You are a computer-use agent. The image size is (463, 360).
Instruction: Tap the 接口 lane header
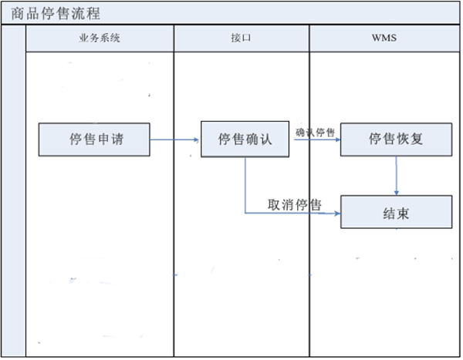(x=241, y=38)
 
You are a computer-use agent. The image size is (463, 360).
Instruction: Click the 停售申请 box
(x=94, y=140)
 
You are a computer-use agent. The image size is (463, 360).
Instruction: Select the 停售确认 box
(x=245, y=140)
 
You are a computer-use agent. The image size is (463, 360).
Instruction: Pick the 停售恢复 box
(x=396, y=140)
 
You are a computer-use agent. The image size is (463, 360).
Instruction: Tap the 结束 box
(x=396, y=213)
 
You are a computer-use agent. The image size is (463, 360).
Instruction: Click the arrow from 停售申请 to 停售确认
(x=174, y=140)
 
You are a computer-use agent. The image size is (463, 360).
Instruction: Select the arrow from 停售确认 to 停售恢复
(x=316, y=140)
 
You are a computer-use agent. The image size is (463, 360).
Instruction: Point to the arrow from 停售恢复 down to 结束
(x=397, y=176)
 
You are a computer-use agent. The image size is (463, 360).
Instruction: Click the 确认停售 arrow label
(x=315, y=132)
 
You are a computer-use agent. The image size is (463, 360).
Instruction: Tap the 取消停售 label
(x=295, y=204)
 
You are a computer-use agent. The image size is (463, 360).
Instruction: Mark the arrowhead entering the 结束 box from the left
(x=337, y=214)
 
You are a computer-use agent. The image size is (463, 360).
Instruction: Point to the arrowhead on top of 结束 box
(x=397, y=192)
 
